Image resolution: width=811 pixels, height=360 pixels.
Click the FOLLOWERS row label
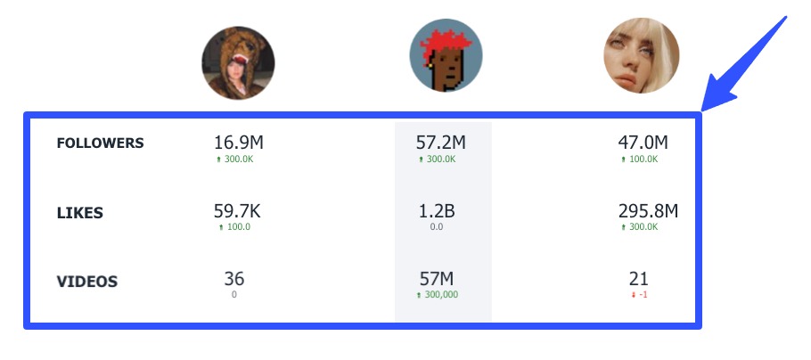click(x=100, y=143)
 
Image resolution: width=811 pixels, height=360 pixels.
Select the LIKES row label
click(x=80, y=213)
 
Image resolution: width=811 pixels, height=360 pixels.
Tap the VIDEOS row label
click(x=87, y=282)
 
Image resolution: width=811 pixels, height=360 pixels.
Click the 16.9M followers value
click(x=239, y=142)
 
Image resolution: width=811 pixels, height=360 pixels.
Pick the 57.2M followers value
click(x=441, y=142)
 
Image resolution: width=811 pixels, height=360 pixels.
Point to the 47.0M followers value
click(x=643, y=142)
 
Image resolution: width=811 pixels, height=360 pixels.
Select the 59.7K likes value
click(x=237, y=211)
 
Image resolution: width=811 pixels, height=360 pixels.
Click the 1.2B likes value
click(x=438, y=211)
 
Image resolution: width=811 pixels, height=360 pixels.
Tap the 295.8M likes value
click(x=648, y=211)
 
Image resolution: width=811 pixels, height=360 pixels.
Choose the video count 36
click(x=234, y=279)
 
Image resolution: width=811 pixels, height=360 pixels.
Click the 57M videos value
click(x=438, y=279)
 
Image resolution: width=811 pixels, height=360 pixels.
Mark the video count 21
click(x=638, y=279)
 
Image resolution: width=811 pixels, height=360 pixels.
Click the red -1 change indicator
click(x=638, y=294)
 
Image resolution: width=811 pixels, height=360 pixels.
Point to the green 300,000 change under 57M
click(x=438, y=294)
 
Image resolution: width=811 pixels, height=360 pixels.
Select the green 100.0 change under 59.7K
click(x=234, y=227)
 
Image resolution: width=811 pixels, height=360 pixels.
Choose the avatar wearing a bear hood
click(x=238, y=62)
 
